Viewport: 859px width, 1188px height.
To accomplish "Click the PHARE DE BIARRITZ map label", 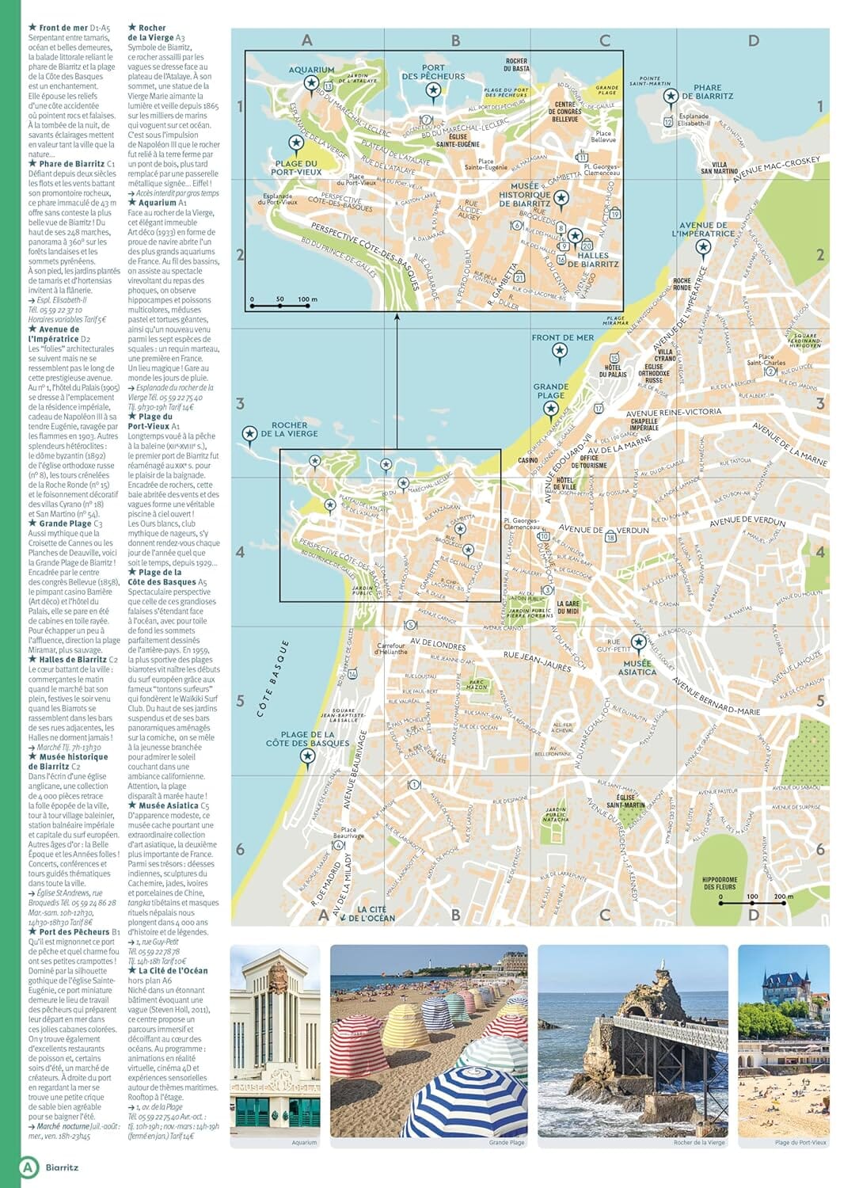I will tap(707, 92).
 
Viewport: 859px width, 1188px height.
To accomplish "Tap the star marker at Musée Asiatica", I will tap(638, 642).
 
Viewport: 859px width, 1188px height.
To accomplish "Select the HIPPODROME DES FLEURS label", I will tap(720, 883).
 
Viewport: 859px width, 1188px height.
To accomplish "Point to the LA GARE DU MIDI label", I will tap(568, 607).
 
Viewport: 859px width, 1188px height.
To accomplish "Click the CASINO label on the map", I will tap(528, 460).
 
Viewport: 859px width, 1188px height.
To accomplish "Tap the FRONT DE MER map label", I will tap(562, 337).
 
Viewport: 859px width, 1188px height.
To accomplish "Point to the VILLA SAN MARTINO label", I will tap(719, 168).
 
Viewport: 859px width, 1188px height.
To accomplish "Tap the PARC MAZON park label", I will tap(477, 684).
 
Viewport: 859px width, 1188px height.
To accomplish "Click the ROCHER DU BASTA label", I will tap(516, 65).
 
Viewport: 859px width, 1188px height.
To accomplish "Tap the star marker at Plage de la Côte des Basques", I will tap(307, 756).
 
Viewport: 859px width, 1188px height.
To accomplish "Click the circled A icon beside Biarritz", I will tap(29, 1167).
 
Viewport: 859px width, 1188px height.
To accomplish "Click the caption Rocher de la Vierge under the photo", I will tap(699, 1143).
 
